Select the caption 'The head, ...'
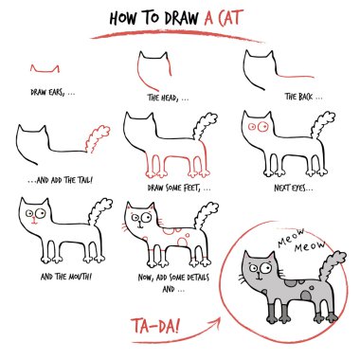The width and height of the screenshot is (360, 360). point(167,97)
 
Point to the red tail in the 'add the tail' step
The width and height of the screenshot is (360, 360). point(95,138)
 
